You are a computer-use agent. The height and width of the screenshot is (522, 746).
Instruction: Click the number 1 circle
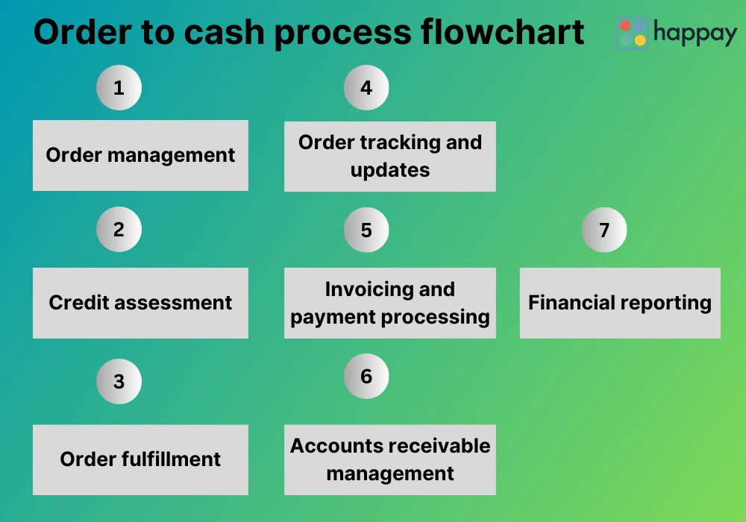tap(119, 88)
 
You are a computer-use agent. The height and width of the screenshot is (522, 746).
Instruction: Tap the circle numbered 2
tap(119, 229)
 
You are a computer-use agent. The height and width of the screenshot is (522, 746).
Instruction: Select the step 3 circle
tap(119, 382)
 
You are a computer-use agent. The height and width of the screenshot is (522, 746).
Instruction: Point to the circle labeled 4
tap(366, 88)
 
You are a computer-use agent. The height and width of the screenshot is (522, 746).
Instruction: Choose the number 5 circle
tap(366, 230)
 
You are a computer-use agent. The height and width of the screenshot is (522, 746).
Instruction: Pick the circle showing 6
tap(366, 376)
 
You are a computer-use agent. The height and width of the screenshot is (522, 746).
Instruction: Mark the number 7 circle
tap(604, 230)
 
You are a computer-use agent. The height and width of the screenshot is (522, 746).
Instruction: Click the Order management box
tap(140, 155)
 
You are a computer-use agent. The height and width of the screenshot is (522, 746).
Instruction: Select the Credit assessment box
tap(140, 303)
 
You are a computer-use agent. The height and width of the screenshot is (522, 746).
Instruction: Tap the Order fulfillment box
tap(140, 459)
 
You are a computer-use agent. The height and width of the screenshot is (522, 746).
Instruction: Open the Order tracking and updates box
tap(390, 156)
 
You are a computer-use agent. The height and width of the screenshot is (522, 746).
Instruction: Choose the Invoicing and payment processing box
tap(390, 303)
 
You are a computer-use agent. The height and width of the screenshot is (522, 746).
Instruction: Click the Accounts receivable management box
tap(390, 459)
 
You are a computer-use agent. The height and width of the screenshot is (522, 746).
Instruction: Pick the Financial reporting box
tap(620, 303)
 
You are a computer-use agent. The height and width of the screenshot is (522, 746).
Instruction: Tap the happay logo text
tap(695, 32)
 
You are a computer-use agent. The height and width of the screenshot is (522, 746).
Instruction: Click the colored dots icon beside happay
tap(632, 33)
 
